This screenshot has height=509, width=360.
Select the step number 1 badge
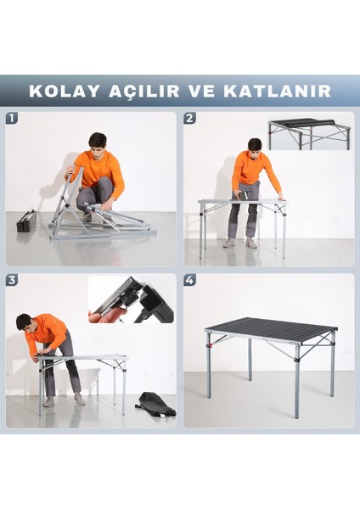(x=12, y=119)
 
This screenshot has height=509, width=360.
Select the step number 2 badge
(x=190, y=119)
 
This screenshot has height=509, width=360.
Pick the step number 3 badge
(x=12, y=279)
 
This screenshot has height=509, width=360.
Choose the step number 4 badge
(x=190, y=279)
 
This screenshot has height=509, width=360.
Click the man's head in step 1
(x=98, y=141)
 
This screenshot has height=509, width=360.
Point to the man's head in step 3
(x=24, y=322)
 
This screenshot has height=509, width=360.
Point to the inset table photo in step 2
(x=309, y=132)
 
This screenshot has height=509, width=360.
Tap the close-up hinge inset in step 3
(x=132, y=299)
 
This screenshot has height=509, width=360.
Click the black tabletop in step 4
(x=270, y=327)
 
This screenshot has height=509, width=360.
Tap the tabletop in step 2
(x=242, y=202)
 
